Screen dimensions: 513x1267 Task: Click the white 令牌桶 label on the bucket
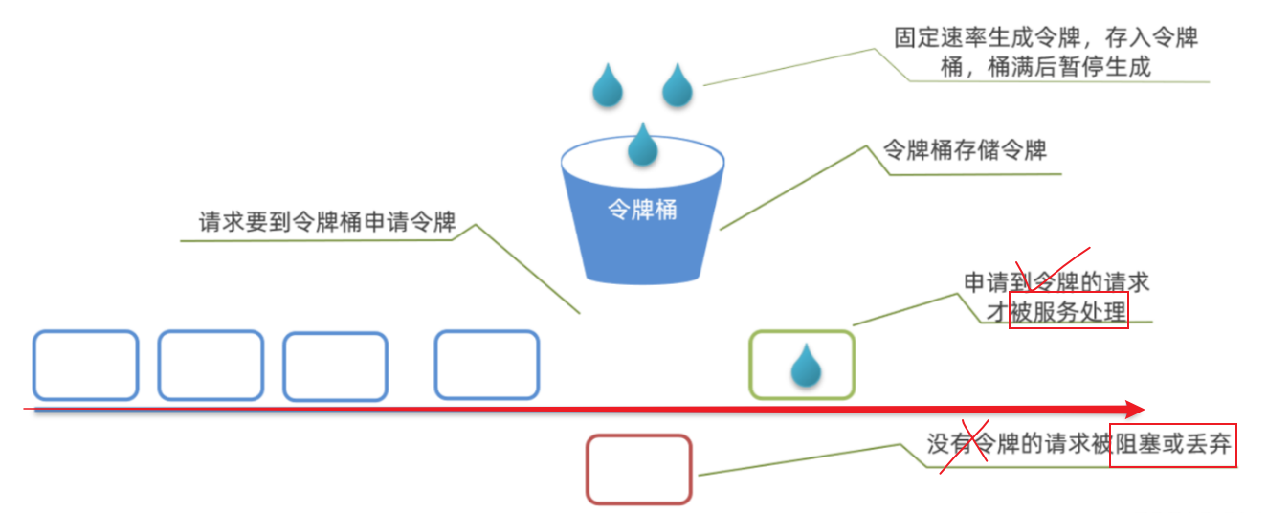coord(642,210)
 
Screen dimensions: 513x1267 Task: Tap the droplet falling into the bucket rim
coord(642,145)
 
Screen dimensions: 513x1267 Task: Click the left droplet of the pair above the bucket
coord(607,85)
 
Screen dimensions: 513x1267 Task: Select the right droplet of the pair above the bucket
coord(678,85)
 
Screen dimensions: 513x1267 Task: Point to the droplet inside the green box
coord(806,366)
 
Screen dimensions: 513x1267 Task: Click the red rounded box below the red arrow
coord(638,469)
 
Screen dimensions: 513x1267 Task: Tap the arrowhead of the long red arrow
coord(1135,410)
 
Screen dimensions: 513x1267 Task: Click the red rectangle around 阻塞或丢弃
coord(1173,445)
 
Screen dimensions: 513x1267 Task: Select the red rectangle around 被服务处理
coord(1069,311)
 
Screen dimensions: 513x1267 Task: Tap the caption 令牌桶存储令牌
coord(964,151)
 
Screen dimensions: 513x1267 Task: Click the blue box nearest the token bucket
coord(486,365)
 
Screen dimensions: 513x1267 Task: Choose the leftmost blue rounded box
coord(86,365)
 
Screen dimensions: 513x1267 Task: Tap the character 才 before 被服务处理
coord(998,312)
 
